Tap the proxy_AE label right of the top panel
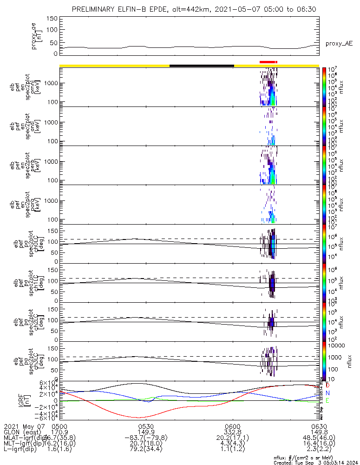point(339,44)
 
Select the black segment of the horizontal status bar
point(202,66)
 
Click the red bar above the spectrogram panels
point(268,62)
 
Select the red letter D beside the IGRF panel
point(328,385)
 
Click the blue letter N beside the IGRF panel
point(328,393)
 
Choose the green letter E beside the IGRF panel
point(328,401)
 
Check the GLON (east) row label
point(23,432)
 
